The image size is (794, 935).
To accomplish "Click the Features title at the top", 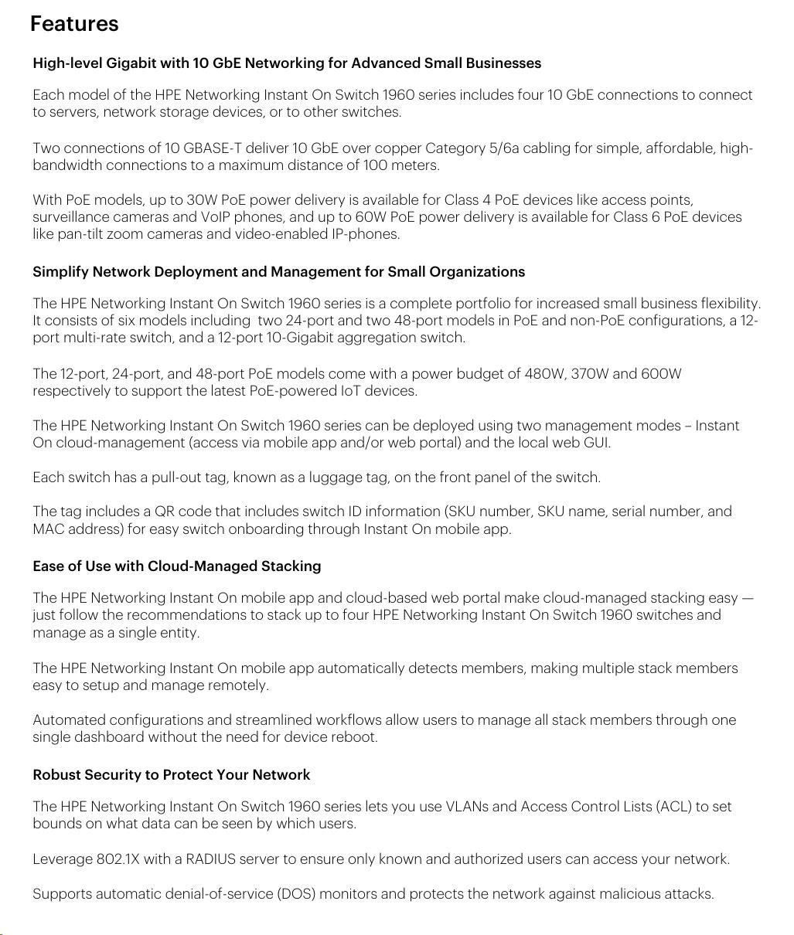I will [x=74, y=24].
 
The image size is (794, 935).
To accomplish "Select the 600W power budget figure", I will [x=661, y=374].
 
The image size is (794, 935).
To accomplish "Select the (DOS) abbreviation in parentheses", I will [x=295, y=894].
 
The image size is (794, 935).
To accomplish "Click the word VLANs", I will [x=466, y=807].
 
